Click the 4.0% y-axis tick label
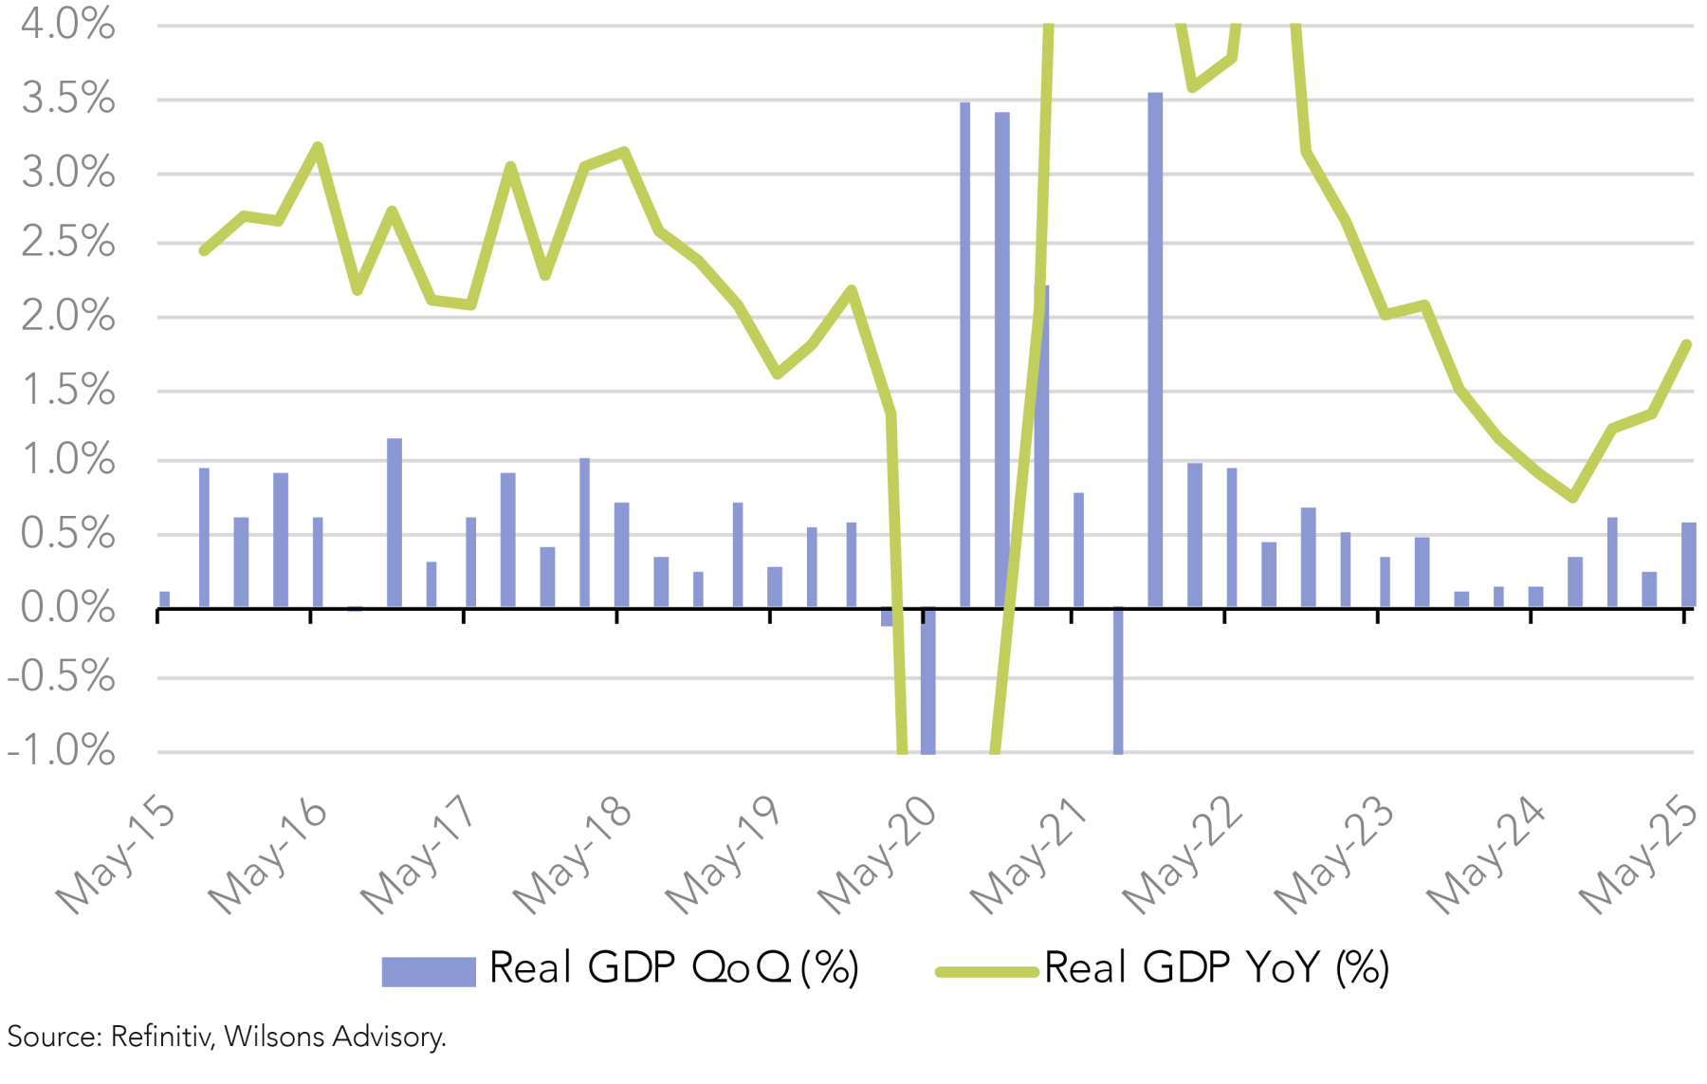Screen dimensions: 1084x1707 click(x=67, y=24)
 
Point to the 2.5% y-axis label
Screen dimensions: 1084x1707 click(x=67, y=243)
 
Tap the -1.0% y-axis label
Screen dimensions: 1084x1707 click(x=62, y=751)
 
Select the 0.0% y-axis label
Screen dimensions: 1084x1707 click(x=67, y=607)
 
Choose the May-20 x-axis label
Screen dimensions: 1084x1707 click(x=878, y=856)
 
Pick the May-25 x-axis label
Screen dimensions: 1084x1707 click(x=1639, y=856)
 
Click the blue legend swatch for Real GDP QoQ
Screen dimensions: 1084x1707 click(x=428, y=971)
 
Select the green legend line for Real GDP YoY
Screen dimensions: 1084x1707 click(x=986, y=971)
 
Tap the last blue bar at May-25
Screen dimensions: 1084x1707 click(x=1688, y=564)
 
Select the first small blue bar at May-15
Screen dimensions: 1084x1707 click(x=165, y=599)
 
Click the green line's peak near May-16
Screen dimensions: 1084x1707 click(x=319, y=147)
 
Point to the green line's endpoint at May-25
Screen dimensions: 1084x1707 click(x=1687, y=344)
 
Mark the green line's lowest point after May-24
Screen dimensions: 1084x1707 click(x=1573, y=497)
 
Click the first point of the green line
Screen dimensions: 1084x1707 click(x=204, y=250)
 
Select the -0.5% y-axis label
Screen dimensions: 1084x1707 click(x=62, y=678)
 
